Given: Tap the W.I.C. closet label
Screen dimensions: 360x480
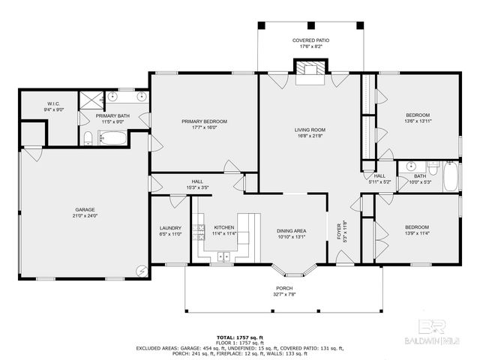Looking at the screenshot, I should pos(53,103).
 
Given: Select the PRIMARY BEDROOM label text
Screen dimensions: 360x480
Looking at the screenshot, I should pos(204,121).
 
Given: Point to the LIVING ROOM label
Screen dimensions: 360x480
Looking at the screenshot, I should pos(309,130).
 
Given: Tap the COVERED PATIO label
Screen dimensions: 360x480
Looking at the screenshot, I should pos(310,40).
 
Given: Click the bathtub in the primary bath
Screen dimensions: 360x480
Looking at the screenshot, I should pos(115,138).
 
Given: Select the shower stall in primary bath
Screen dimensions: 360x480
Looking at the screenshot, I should pos(92,99).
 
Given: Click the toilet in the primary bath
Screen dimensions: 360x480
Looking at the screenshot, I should pos(88,137).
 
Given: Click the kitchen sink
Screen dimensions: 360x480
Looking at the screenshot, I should pos(223,256).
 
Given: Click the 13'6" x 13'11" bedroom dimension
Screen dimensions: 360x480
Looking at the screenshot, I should pos(418,121).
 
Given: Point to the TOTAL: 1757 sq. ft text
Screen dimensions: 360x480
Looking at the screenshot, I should pos(239,337).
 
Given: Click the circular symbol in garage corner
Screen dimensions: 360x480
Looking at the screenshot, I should pos(140,269).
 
